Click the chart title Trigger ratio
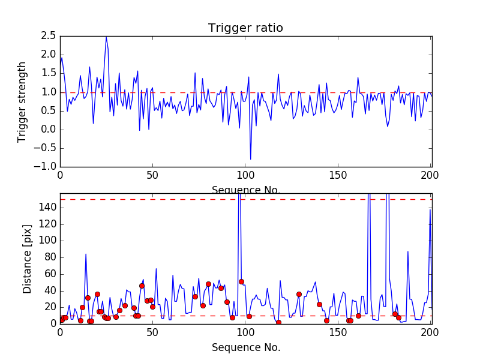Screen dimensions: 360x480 pos(245,28)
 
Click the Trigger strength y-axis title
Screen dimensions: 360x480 pos(22,101)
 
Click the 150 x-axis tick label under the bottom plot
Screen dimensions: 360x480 pos(338,333)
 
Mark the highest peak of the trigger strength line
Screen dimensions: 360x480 pos(106,37)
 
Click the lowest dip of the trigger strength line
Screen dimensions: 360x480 pos(250,159)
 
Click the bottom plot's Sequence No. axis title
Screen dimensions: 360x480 pos(245,347)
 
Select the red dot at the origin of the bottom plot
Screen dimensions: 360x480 pos(61,320)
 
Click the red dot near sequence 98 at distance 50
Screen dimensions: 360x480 pos(241,281)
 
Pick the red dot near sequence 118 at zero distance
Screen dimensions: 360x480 pos(278,322)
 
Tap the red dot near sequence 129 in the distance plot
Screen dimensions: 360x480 pos(299,294)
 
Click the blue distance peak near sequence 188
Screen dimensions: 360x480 pos(408,251)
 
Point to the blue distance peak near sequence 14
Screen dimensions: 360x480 pos(86,254)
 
